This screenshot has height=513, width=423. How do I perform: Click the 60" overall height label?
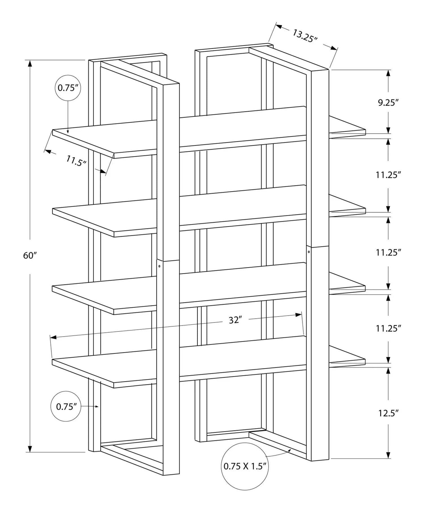tap(30, 255)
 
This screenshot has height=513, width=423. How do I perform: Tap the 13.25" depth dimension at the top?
tap(305, 36)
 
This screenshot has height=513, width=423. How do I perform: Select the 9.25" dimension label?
tap(388, 103)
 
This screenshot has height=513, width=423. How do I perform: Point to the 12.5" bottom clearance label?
tap(388, 413)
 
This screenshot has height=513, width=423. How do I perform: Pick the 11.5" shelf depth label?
tap(76, 161)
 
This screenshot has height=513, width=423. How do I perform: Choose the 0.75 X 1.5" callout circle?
tap(245, 466)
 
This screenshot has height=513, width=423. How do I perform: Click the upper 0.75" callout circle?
tap(68, 88)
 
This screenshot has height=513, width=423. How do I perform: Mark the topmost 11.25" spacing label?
tap(388, 175)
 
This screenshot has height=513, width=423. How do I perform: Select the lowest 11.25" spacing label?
tap(388, 328)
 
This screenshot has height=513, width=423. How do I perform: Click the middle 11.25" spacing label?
tap(388, 253)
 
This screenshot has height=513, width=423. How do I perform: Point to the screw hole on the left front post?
tap(160, 266)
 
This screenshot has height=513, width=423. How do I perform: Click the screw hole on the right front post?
tap(309, 252)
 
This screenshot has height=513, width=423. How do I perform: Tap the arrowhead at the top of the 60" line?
tap(30, 64)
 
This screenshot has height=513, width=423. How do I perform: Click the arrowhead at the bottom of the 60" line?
tap(30, 448)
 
